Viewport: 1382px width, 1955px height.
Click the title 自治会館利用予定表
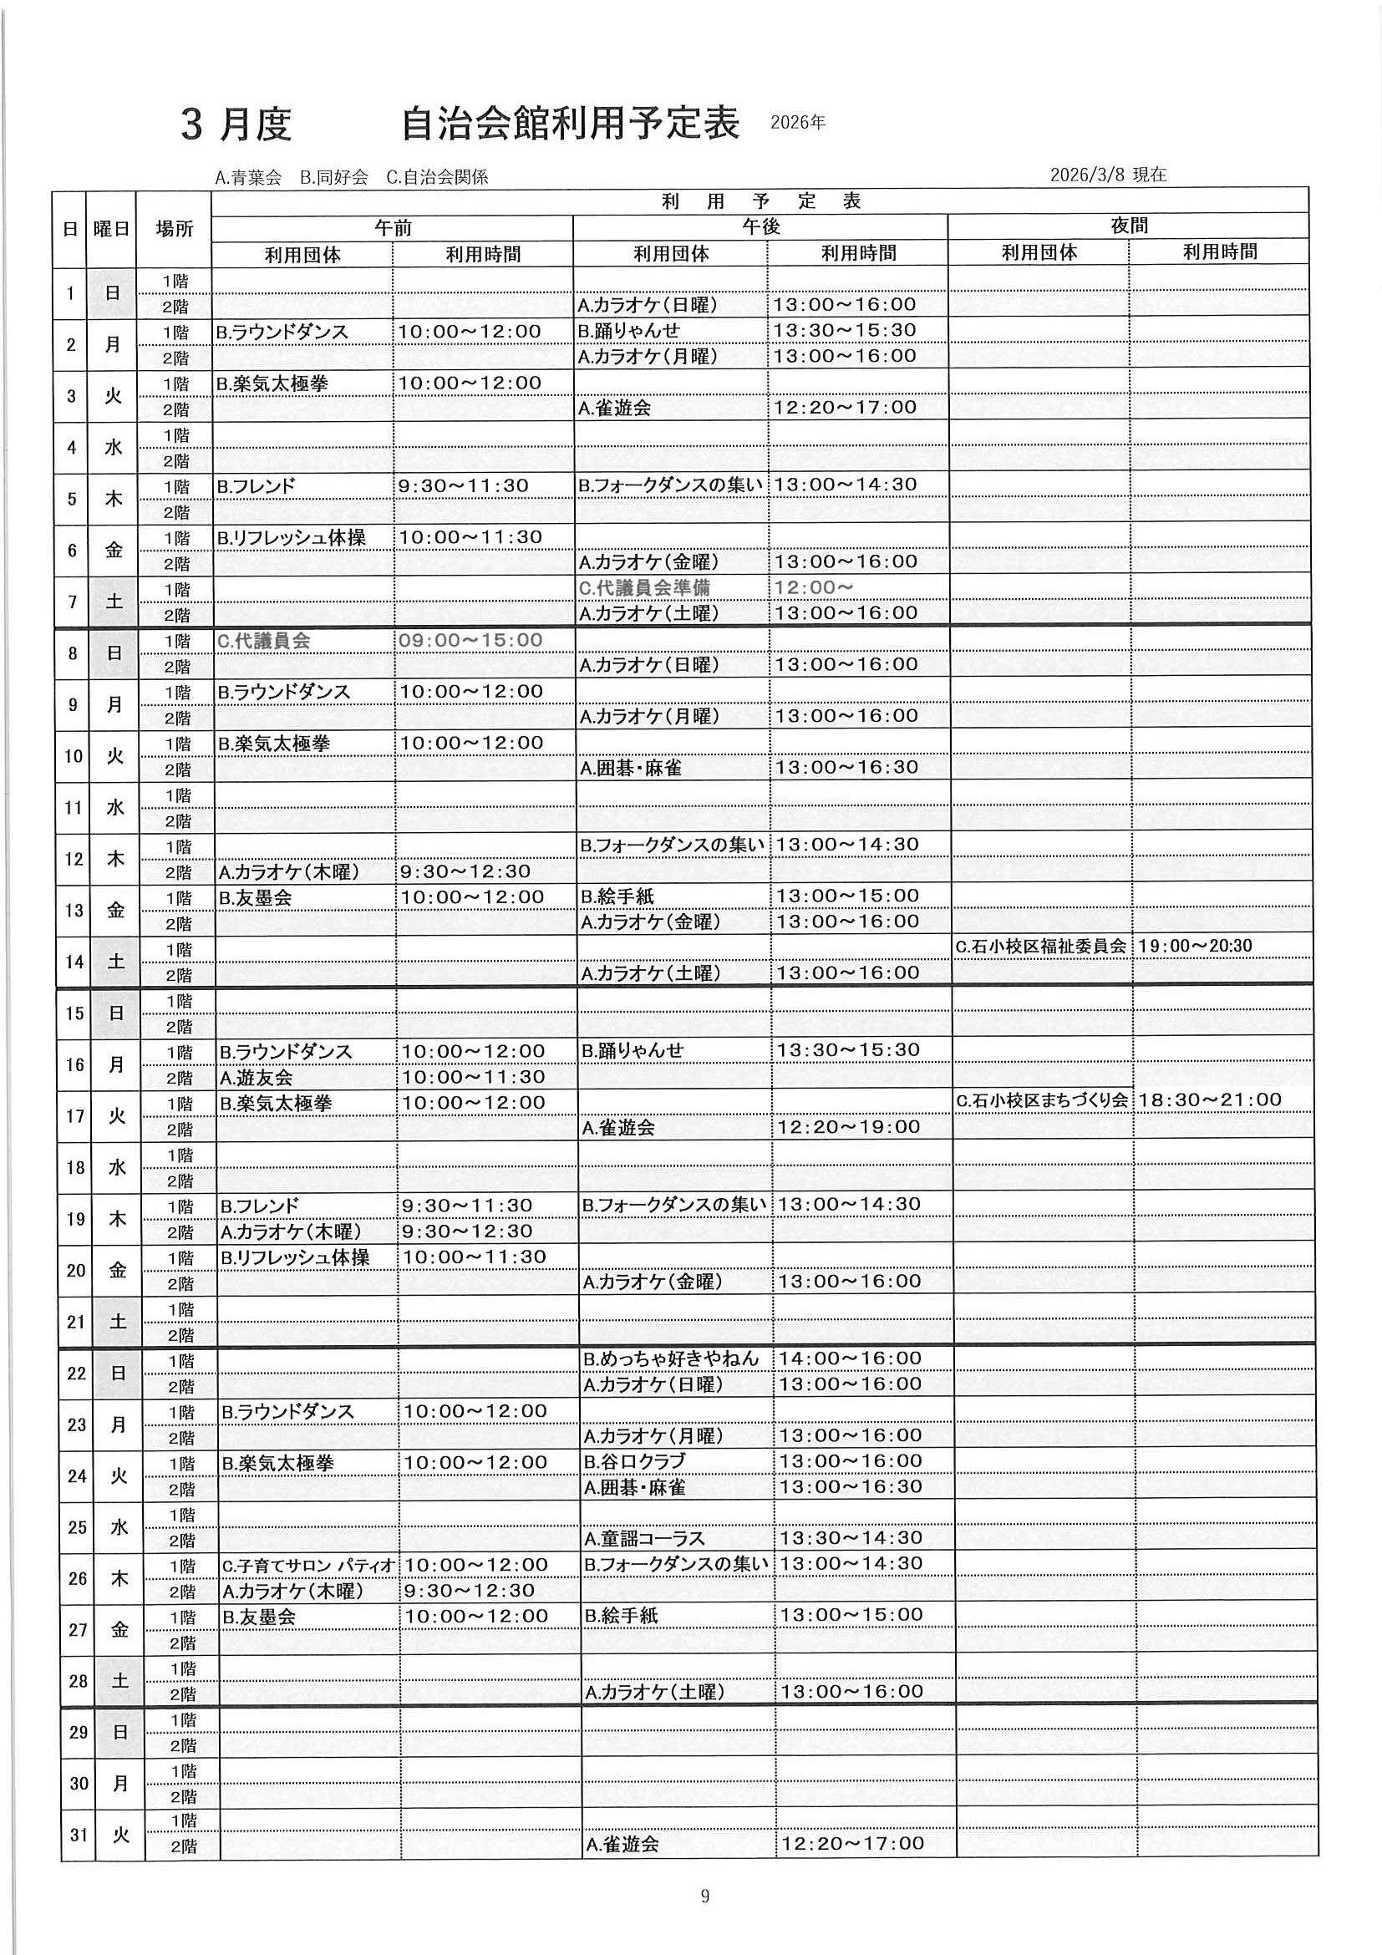click(570, 124)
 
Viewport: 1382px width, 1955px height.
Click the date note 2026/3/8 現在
click(1108, 175)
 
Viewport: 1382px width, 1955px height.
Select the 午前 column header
click(393, 227)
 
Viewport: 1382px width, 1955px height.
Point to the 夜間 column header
click(1128, 226)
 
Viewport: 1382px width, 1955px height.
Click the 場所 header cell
click(175, 228)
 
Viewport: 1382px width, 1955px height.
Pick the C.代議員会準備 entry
click(643, 587)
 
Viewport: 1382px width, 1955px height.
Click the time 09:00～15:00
click(470, 639)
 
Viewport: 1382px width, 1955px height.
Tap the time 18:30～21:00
click(1209, 1099)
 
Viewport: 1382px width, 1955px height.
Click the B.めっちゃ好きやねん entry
click(670, 1358)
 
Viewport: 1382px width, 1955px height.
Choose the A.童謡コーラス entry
click(644, 1538)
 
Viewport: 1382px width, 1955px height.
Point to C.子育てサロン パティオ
click(308, 1565)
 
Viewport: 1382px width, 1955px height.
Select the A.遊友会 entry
click(257, 1077)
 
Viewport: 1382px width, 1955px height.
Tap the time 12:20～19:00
click(849, 1126)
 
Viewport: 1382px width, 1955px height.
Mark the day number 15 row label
click(75, 1013)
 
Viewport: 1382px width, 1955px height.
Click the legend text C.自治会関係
click(437, 177)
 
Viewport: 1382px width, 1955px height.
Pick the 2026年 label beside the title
click(798, 123)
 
